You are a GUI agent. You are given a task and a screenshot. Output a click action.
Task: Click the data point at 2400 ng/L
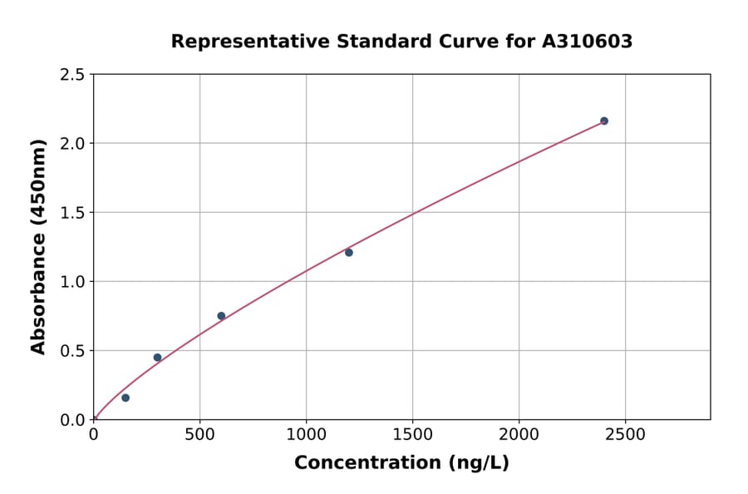point(604,121)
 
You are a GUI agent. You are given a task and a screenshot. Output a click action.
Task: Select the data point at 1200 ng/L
point(349,252)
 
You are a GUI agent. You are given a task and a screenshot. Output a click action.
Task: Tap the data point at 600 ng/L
point(221,315)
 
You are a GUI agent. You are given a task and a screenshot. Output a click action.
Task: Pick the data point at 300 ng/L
point(157,358)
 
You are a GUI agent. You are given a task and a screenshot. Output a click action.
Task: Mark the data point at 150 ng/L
point(125,398)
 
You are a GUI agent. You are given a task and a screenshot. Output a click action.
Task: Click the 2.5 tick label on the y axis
point(73,75)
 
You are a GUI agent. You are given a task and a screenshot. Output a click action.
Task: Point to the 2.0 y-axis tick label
point(73,144)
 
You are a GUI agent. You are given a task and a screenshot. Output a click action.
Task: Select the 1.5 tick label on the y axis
point(73,213)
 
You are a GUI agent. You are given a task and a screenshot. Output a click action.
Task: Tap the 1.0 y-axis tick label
point(73,282)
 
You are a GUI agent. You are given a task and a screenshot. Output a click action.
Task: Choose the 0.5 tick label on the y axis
point(73,351)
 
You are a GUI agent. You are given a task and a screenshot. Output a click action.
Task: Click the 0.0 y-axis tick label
point(73,420)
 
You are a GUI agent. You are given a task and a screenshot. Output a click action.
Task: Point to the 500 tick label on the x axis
point(199,435)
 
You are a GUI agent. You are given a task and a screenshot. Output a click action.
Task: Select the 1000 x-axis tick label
point(306,435)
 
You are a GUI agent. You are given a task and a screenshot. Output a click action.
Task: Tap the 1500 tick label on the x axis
point(412,435)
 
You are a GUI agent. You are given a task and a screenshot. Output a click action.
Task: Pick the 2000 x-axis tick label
point(519,435)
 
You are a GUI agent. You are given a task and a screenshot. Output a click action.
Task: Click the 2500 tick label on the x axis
point(625,435)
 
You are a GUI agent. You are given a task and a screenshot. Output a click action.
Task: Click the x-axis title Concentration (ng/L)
point(401,463)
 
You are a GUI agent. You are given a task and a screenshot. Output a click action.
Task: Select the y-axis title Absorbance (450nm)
point(38,246)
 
